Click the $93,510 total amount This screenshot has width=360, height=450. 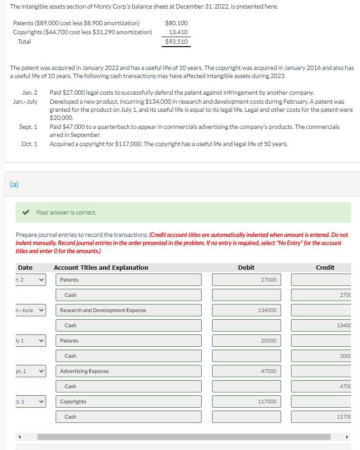(176, 42)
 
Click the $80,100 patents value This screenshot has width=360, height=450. (176, 23)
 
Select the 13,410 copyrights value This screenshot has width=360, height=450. (178, 32)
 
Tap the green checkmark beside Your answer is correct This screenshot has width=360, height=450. (28, 213)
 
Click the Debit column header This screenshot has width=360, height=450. (246, 268)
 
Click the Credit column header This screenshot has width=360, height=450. (325, 268)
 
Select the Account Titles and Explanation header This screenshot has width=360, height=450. (101, 268)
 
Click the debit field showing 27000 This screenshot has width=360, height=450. (246, 280)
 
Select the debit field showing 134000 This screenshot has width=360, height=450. (246, 310)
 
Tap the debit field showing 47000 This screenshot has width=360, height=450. (246, 371)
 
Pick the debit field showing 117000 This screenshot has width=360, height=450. (246, 401)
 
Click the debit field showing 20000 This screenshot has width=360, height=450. (246, 341)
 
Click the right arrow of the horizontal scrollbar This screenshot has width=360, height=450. (347, 437)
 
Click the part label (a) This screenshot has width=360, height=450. (14, 184)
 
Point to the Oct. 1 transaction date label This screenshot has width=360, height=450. (29, 144)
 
